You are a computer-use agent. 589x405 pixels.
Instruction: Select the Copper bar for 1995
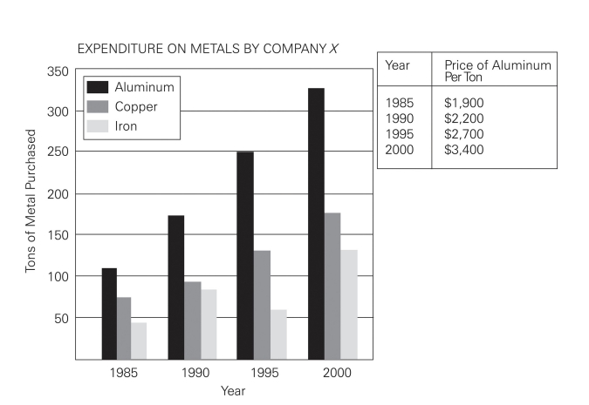click(x=262, y=304)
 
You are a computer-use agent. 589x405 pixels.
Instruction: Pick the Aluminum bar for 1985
click(x=109, y=313)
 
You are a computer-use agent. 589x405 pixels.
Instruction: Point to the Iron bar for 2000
click(x=349, y=304)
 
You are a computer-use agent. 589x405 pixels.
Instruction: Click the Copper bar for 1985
click(x=125, y=327)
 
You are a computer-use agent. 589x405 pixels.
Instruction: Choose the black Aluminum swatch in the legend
click(x=97, y=87)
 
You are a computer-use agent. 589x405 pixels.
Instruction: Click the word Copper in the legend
click(x=136, y=106)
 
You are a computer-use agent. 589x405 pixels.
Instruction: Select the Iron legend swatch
click(x=97, y=125)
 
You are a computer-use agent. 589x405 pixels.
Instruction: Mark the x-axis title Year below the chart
click(x=233, y=391)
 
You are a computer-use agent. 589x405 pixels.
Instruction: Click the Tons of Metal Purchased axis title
click(x=31, y=202)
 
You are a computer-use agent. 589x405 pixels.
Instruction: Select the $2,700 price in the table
click(x=463, y=134)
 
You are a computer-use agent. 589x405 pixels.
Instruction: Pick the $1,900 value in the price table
click(x=463, y=103)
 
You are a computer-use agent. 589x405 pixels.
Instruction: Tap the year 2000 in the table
click(x=399, y=150)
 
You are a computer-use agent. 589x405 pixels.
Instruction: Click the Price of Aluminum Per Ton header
click(x=497, y=70)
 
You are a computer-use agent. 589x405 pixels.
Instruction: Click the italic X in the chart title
click(x=334, y=49)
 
